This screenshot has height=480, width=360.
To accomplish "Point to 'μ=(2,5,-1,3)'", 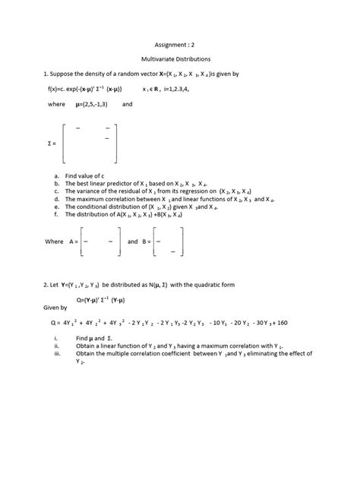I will click(x=93, y=104).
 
